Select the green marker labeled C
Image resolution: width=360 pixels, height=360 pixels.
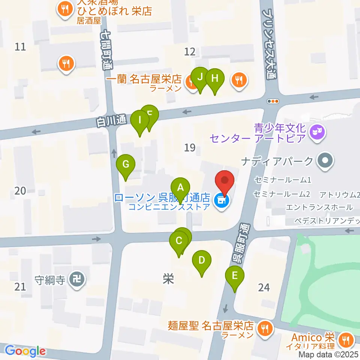coord(179,241)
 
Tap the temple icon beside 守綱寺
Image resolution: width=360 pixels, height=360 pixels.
coord(78,279)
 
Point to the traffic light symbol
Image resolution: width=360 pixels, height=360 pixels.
coord(273,101)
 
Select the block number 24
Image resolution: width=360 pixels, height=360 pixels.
coord(264,288)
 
